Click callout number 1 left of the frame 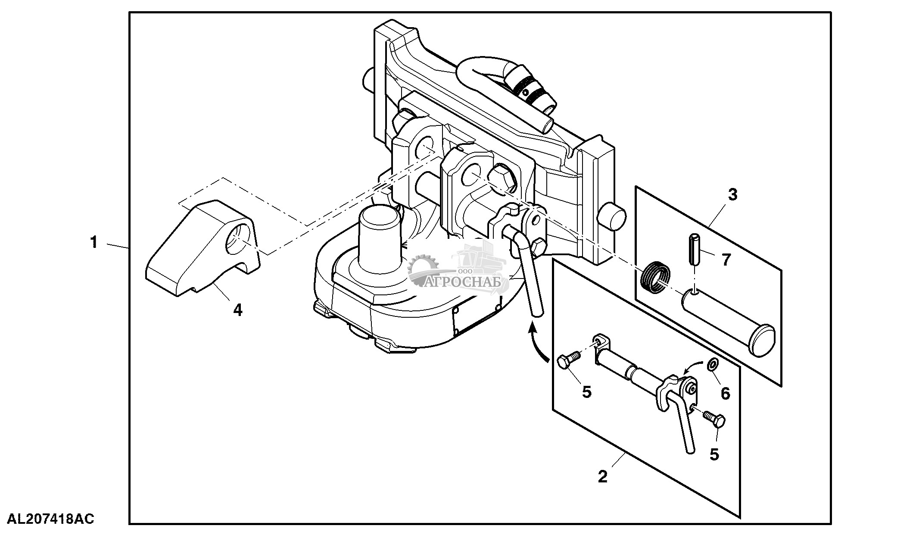94,242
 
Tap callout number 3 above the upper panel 732,194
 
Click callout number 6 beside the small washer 726,393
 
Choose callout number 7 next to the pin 726,260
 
